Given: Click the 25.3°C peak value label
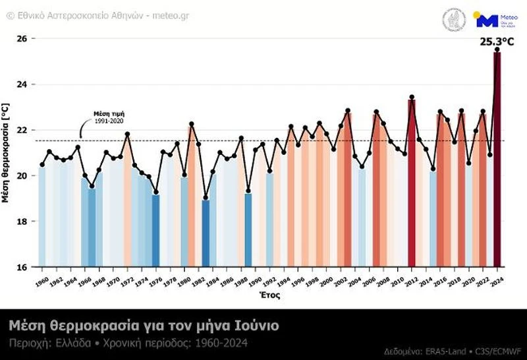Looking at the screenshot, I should (x=496, y=42).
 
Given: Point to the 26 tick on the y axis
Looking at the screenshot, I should (x=22, y=39).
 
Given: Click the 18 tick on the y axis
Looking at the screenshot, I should (x=22, y=222).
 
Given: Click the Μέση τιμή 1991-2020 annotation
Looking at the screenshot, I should (x=108, y=117).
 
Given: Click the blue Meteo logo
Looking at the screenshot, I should (x=487, y=20).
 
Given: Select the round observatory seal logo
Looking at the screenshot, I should (x=453, y=19).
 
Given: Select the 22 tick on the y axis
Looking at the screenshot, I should (x=22, y=130).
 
